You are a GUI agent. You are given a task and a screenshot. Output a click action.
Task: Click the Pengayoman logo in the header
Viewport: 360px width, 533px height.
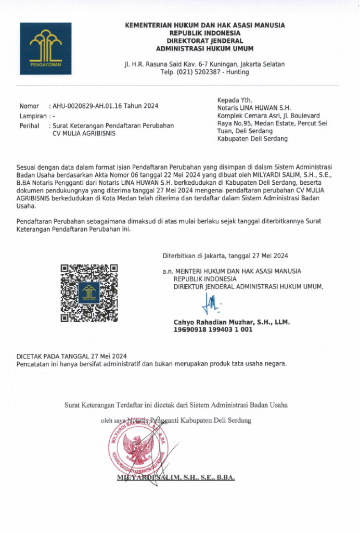tap(46, 49)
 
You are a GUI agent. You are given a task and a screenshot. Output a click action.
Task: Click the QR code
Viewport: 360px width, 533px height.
tap(89, 293)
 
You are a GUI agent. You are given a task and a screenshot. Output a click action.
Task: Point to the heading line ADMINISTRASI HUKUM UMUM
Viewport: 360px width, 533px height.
tap(205, 49)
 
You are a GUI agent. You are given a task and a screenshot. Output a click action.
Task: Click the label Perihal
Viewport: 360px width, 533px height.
tap(29, 125)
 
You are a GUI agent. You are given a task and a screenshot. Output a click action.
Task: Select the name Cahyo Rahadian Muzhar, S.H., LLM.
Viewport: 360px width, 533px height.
tap(232, 322)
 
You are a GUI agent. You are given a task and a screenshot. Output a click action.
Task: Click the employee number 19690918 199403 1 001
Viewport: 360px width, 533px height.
tap(213, 329)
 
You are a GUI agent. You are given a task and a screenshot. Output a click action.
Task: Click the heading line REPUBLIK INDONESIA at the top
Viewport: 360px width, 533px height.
tap(205, 33)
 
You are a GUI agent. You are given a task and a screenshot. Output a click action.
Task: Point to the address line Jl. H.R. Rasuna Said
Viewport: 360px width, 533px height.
tap(204, 64)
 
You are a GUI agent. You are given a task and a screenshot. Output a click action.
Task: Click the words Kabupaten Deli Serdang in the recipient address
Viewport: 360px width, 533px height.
tap(252, 139)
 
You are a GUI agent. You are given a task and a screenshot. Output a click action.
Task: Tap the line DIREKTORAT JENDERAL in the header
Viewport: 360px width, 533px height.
tap(205, 41)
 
